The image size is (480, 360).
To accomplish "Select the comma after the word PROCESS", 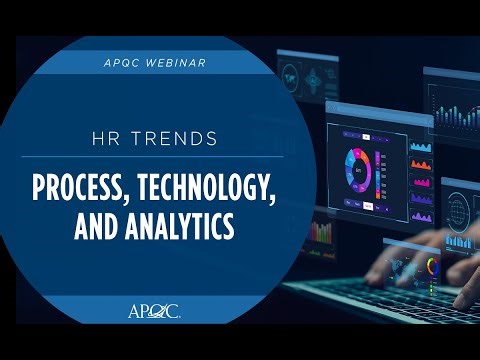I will tap(146, 196).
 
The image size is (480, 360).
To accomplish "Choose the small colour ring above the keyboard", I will tap(432, 268).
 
